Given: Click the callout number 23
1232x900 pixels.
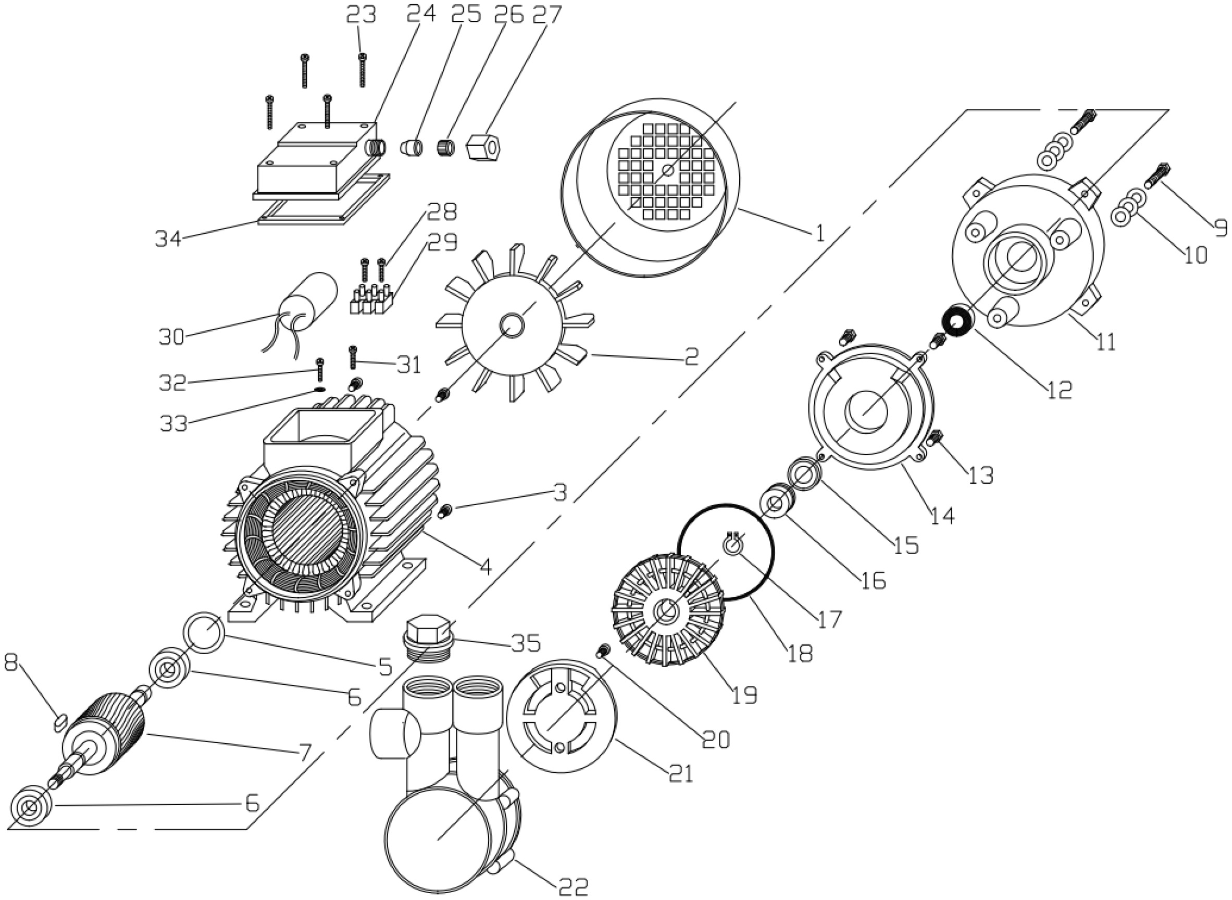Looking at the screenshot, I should pyautogui.click(x=361, y=15).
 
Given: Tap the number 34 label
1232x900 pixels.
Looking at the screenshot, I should pyautogui.click(x=167, y=239).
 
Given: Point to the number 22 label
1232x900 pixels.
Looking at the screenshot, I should pyautogui.click(x=573, y=886).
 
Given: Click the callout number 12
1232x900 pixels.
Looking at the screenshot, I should pyautogui.click(x=1059, y=389).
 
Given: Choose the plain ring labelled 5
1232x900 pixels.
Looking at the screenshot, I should pyautogui.click(x=204, y=631).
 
